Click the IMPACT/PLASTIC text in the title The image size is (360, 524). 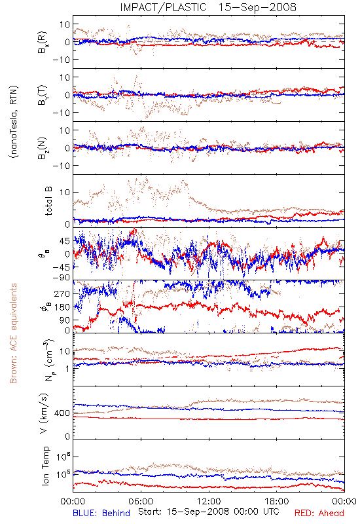point(163,7)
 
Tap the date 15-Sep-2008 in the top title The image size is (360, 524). point(257,7)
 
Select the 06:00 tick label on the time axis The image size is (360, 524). point(141,501)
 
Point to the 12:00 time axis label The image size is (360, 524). point(209,501)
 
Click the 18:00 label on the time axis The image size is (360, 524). point(277,501)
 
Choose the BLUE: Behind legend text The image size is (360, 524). point(101,513)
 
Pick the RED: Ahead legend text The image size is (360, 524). point(319,513)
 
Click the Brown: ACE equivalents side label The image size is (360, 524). point(13,333)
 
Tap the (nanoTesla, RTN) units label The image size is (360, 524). point(14,122)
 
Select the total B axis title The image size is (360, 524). point(48,200)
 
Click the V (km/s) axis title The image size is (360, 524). point(44,414)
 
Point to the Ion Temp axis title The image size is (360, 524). point(45,466)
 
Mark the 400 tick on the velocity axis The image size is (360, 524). point(62,413)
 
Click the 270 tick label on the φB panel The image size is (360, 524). point(62,293)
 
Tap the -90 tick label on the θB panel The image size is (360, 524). point(60,278)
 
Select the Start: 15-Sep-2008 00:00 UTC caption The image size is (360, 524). point(208,512)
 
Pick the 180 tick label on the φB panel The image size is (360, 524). point(62,307)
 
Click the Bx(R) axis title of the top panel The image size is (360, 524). point(43,42)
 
